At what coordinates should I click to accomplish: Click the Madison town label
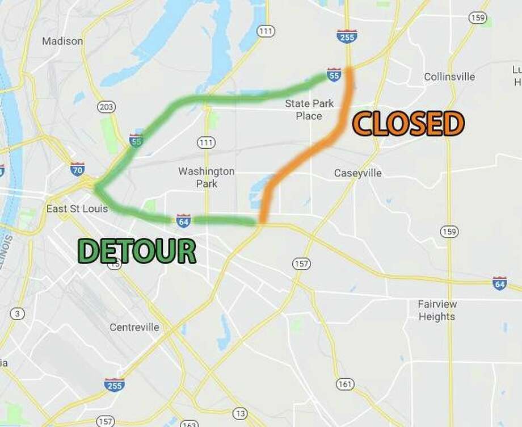click(x=62, y=41)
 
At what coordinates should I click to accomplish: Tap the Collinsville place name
click(x=449, y=77)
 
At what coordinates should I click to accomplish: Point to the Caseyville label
click(x=358, y=173)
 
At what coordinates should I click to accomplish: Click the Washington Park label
click(x=206, y=177)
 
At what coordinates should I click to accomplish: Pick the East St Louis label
click(x=77, y=209)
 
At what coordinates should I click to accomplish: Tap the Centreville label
click(x=134, y=328)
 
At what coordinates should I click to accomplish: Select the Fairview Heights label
click(x=437, y=310)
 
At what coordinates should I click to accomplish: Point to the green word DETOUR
click(x=137, y=250)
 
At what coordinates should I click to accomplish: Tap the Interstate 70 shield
click(x=78, y=169)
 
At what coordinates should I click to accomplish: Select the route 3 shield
click(x=19, y=313)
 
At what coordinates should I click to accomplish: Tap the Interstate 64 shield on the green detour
click(x=183, y=219)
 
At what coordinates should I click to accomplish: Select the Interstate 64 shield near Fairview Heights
click(x=499, y=283)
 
